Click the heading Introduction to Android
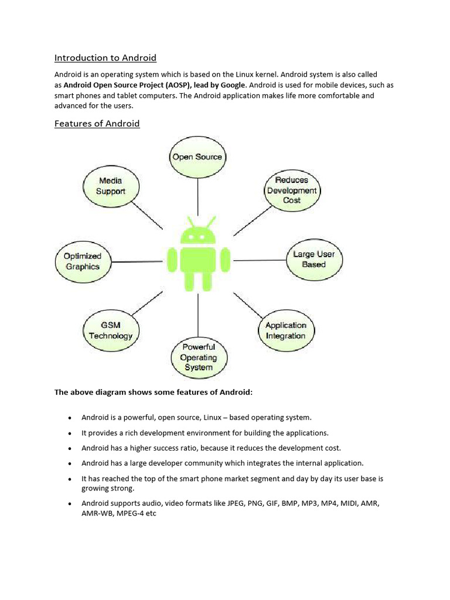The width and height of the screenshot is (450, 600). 105,57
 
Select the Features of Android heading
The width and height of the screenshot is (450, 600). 97,124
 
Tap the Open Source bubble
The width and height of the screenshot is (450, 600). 197,157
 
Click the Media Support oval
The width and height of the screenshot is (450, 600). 110,186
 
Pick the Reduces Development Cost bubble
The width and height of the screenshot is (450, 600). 291,190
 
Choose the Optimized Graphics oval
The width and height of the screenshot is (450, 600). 83,261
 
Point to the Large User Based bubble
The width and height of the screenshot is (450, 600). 313,260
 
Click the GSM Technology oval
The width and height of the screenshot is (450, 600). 110,330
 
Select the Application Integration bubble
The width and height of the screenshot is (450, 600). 285,330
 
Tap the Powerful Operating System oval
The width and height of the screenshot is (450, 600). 199,357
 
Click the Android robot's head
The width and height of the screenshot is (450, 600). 197,235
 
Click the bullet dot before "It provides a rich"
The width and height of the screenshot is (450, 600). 70,434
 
